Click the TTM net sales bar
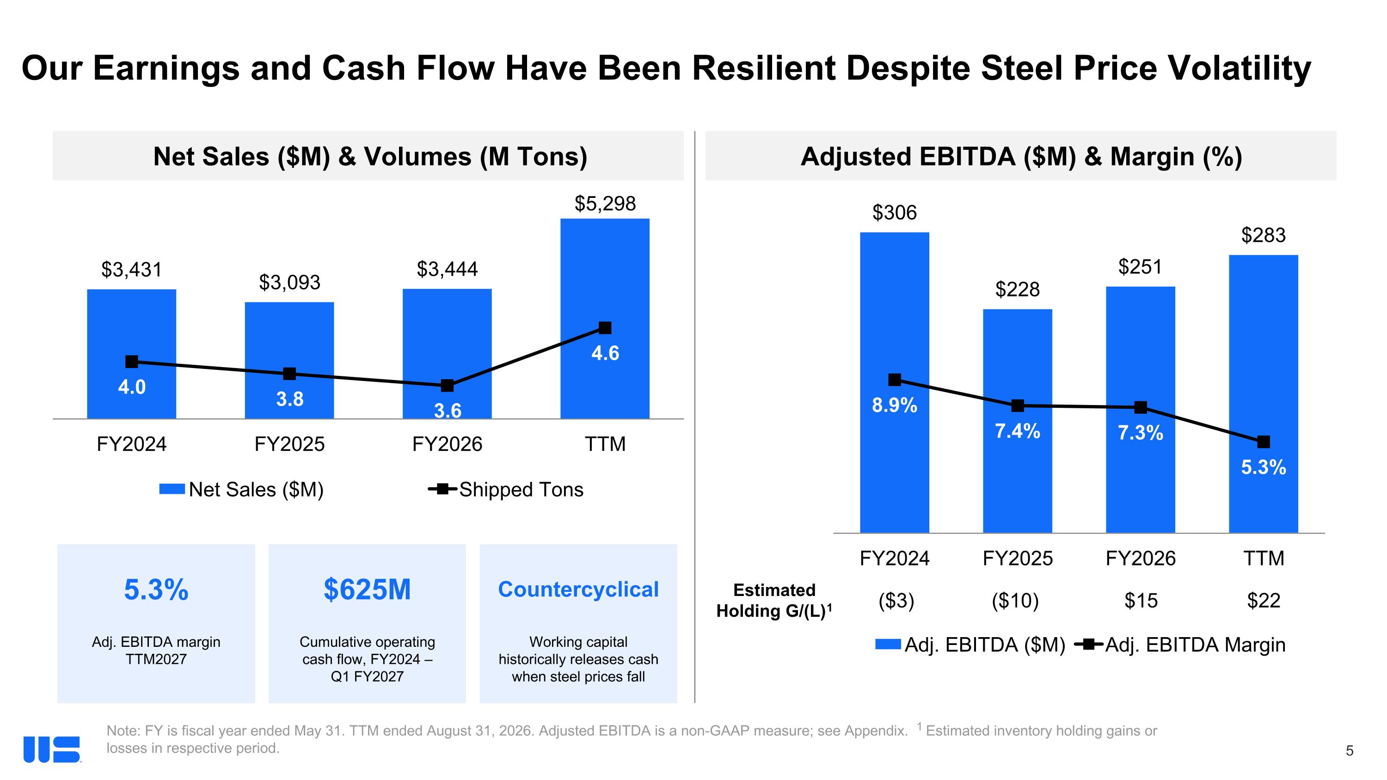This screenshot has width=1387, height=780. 605,318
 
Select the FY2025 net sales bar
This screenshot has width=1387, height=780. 289,360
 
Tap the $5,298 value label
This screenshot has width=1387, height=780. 605,203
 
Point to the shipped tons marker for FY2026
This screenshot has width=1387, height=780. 447,386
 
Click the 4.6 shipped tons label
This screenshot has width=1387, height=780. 605,354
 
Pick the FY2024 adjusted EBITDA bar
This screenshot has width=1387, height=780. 894,382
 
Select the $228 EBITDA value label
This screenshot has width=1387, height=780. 1017,289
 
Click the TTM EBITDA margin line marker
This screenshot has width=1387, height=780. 1263,442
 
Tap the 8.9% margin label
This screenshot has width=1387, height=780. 894,405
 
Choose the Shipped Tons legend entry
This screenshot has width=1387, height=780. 506,489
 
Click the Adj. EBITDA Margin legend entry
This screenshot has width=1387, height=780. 1179,645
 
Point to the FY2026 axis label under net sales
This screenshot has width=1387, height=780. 447,444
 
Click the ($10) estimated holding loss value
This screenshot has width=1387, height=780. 1015,600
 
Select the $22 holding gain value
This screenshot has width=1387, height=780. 1263,600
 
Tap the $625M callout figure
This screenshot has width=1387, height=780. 367,590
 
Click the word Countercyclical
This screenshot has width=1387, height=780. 578,590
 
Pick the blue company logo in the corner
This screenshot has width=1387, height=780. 52,749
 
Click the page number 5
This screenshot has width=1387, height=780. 1349,751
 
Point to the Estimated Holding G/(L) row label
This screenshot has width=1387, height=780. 774,601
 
